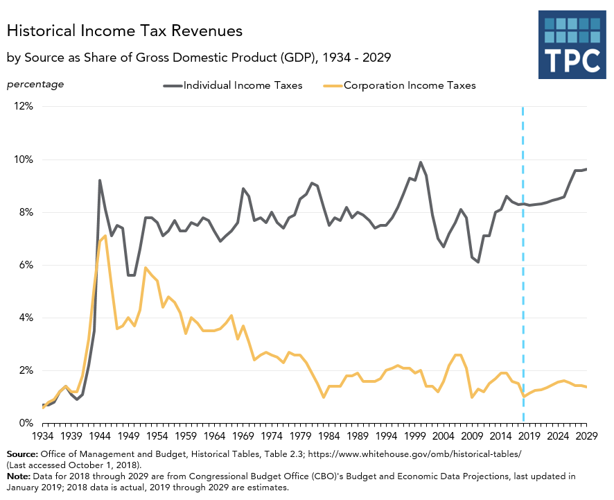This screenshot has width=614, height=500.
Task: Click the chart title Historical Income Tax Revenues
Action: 125,31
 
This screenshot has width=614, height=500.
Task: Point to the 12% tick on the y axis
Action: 24,107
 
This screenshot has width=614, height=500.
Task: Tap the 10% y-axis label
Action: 24,160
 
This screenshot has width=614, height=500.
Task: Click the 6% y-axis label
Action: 26,265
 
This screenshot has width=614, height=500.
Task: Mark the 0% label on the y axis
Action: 26,423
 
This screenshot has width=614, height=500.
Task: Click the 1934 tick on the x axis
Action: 43,436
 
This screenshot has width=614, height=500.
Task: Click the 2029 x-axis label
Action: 586,436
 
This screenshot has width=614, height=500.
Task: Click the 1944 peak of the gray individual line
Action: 100,180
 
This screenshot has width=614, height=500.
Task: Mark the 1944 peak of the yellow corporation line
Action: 105,236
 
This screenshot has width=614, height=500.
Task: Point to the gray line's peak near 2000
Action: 421,162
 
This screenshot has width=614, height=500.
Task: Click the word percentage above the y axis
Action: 35,85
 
